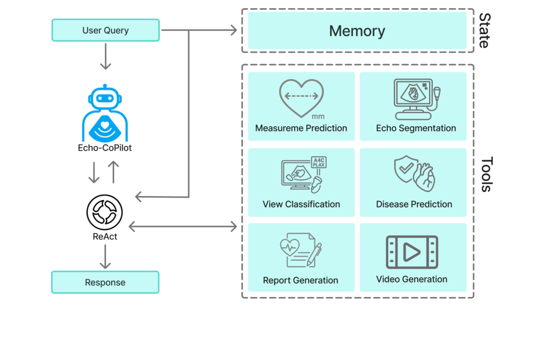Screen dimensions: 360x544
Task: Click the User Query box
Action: [x=105, y=31]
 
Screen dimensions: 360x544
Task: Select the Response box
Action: [x=105, y=282]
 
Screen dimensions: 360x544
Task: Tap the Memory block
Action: [x=357, y=31]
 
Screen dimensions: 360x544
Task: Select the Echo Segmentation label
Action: [x=416, y=128]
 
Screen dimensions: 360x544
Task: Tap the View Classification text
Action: [x=301, y=204]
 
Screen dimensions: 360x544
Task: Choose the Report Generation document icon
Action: [x=300, y=250]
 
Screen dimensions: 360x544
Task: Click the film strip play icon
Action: [x=412, y=252]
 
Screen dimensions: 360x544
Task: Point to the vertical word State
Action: [x=484, y=31]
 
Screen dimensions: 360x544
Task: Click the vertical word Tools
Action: [x=486, y=174]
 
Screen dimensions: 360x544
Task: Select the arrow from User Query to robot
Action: [x=105, y=56]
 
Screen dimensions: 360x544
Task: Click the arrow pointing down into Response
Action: [x=105, y=257]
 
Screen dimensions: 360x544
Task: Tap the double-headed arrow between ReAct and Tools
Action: [x=183, y=227]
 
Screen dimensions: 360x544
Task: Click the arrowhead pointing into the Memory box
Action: [x=233, y=31]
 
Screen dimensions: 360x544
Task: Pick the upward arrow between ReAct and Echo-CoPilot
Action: [x=114, y=172]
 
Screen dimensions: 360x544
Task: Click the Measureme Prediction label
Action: [x=301, y=128]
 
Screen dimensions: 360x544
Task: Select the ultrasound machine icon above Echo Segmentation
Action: [x=416, y=99]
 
